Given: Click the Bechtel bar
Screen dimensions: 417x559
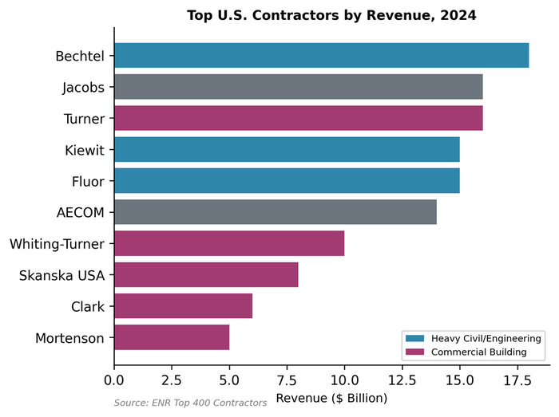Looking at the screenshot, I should coord(321,56).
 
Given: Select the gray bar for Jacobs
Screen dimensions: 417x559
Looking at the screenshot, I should coord(298,87).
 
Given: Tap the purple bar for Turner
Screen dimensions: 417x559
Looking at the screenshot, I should coord(298,118).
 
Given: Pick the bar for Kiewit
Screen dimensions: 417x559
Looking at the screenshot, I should coord(287,149).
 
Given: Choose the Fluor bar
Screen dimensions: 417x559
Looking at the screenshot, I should coord(287,181).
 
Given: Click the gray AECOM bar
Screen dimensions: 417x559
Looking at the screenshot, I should coord(276,212).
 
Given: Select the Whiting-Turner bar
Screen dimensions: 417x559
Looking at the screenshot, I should coord(229,243).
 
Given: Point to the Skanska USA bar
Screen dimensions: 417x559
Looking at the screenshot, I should coord(206,275).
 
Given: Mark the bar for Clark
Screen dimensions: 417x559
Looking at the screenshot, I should coord(183,306).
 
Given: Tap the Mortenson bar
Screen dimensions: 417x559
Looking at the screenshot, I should coord(172,337).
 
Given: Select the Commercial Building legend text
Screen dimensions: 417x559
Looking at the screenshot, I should coord(478,352).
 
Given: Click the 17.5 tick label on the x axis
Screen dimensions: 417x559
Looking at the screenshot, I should coord(517,380).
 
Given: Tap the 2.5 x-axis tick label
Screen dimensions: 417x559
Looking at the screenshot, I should coord(172,380).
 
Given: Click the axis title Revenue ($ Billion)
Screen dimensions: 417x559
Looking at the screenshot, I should coord(331,397).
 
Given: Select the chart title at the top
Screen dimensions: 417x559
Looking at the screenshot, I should coord(331,15).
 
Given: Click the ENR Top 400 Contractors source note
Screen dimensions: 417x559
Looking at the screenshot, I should coord(190,403).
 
